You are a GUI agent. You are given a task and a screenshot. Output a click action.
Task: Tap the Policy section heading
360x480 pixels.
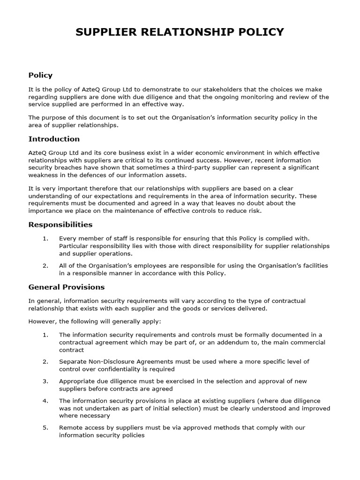point(40,75)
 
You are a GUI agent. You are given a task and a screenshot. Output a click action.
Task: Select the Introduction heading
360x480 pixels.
point(54,139)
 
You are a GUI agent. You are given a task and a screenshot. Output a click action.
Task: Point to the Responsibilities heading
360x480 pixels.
point(60,225)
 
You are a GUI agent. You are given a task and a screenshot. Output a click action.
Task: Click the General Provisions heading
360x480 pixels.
point(67,287)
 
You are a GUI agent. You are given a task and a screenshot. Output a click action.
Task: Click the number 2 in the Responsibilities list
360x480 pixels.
point(45,266)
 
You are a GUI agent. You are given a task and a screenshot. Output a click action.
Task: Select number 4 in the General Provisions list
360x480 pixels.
point(45,401)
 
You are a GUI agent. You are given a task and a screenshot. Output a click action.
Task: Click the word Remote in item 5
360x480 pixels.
point(70,428)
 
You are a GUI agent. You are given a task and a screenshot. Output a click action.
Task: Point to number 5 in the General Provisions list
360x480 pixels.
point(45,428)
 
